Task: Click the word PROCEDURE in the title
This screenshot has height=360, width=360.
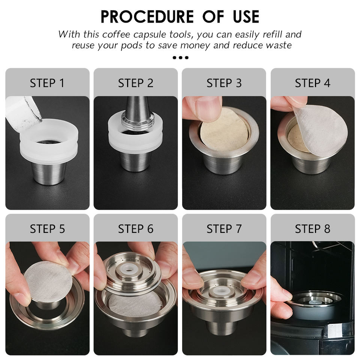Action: pyautogui.click(x=147, y=16)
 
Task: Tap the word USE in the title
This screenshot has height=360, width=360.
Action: pyautogui.click(x=246, y=16)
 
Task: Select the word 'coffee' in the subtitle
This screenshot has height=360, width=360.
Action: pyautogui.click(x=116, y=34)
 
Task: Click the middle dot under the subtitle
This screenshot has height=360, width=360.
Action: pyautogui.click(x=180, y=57)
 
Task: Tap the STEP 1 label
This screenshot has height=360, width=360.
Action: pyautogui.click(x=47, y=83)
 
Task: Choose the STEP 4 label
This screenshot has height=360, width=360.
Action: pyautogui.click(x=312, y=83)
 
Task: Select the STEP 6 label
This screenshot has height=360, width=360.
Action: pyautogui.click(x=135, y=229)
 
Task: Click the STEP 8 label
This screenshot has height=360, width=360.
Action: pyautogui.click(x=312, y=229)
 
